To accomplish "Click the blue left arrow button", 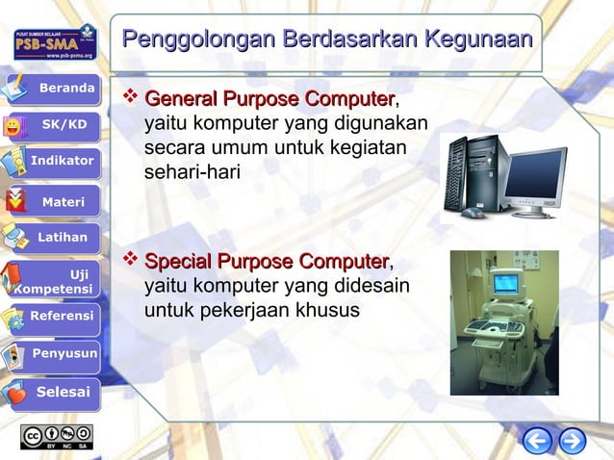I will click(538, 440).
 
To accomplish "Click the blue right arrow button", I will click(573, 440).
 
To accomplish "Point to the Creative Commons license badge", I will click(57, 436).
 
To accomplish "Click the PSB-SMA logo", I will click(54, 43).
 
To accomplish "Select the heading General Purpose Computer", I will click(269, 99).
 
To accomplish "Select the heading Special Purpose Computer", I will click(266, 262).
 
